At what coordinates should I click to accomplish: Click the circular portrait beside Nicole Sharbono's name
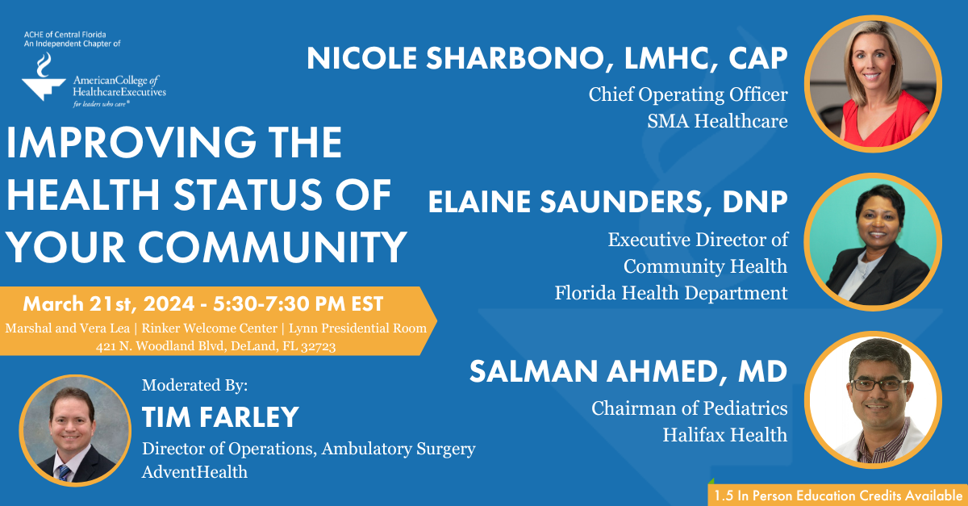[x=874, y=83]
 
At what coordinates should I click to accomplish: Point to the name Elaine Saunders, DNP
[x=607, y=202]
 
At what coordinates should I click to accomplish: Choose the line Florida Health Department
[x=671, y=293]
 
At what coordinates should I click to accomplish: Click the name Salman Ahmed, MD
[x=628, y=371]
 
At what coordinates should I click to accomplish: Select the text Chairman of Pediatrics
[x=690, y=408]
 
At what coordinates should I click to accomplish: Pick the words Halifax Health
[x=724, y=435]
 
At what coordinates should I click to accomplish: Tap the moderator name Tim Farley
[x=220, y=416]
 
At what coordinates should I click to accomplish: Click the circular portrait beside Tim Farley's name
[x=75, y=430]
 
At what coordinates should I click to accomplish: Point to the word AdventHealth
[x=194, y=471]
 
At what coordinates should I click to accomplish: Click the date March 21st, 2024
[x=106, y=304]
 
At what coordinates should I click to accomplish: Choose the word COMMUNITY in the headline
[x=241, y=248]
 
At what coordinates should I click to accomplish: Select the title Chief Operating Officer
[x=688, y=94]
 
